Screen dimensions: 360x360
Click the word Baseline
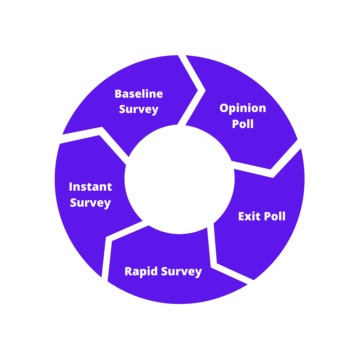coord(139,94)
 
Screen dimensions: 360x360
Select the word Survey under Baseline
coord(139,109)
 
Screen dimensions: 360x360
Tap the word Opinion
coord(243,108)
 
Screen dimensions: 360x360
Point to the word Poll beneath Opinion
coord(243,124)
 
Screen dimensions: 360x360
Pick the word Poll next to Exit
coord(274,216)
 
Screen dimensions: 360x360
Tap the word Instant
coord(90,187)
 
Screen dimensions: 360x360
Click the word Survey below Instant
coord(90,203)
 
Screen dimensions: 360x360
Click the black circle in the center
coord(180,179)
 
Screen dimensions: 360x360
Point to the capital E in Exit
coord(241,216)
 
